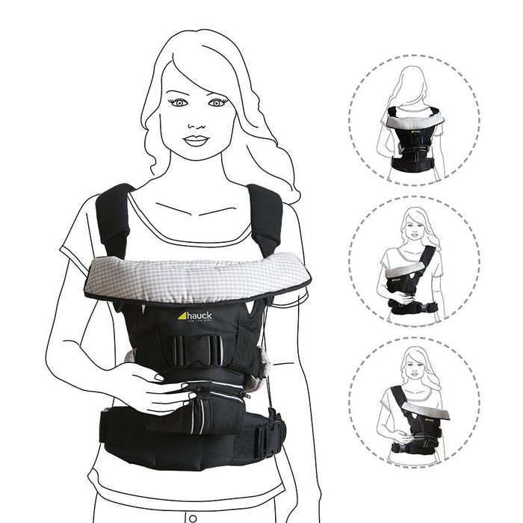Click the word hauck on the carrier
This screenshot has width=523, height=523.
197,316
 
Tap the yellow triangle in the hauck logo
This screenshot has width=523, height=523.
182,315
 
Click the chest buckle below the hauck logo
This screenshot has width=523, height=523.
196,348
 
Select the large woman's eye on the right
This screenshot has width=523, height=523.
216,102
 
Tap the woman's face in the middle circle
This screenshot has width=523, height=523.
413,223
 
